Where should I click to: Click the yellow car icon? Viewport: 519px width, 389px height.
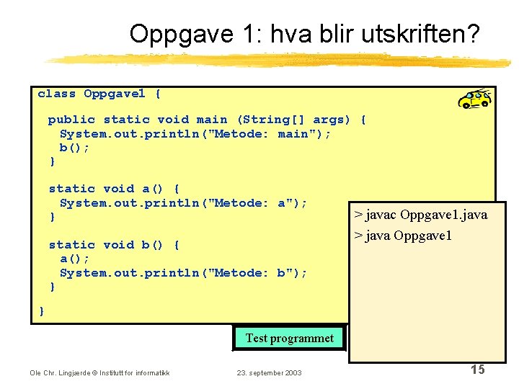(475, 98)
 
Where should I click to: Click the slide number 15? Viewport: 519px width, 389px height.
(477, 370)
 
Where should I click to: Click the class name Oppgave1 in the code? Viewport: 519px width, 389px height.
(114, 94)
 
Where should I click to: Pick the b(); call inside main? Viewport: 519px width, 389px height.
(75, 148)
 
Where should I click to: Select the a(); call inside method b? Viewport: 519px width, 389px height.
(75, 259)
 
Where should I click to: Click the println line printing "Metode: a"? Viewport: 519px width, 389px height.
(183, 203)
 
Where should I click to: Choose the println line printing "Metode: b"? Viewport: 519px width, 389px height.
(183, 272)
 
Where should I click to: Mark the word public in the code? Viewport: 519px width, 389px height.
(71, 120)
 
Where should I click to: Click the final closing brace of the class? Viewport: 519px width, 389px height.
(42, 310)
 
